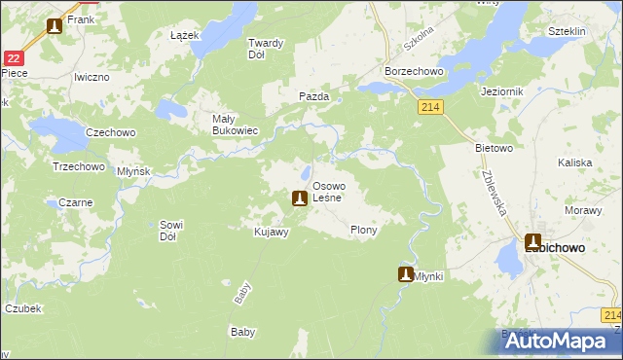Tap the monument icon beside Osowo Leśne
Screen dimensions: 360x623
pyautogui.click(x=300, y=198)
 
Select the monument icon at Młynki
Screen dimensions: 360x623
pyautogui.click(x=406, y=274)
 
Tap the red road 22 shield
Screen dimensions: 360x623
pyautogui.click(x=11, y=59)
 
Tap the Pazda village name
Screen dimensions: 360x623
pyautogui.click(x=313, y=96)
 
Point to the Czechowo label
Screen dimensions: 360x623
pyautogui.click(x=110, y=132)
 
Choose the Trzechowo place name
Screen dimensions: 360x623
pyautogui.click(x=78, y=166)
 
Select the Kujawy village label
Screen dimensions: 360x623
pyautogui.click(x=271, y=232)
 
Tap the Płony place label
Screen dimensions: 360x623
pyautogui.click(x=363, y=231)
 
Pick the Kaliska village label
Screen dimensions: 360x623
pyautogui.click(x=575, y=165)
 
